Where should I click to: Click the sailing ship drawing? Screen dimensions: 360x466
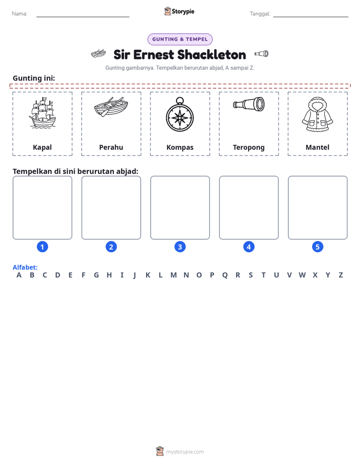42,113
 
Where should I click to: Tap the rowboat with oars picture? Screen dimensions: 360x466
111,107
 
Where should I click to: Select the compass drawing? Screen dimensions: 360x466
179,114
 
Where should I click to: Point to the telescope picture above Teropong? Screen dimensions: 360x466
249,104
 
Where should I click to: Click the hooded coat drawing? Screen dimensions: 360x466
318,114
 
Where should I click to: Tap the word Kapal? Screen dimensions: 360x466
42,147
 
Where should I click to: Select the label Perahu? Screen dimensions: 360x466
111,147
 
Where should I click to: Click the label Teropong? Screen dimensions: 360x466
249,147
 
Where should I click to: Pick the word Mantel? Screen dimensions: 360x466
318,147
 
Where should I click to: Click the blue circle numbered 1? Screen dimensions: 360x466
42,247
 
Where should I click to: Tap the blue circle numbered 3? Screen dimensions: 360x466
179,247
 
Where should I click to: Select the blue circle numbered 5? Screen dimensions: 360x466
318,247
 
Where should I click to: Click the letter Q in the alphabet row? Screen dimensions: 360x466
225,275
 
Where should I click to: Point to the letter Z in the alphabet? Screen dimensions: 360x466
341,275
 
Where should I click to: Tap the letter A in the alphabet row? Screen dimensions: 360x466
19,275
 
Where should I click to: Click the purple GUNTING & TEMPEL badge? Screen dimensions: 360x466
180,39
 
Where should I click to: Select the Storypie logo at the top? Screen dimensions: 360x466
179,11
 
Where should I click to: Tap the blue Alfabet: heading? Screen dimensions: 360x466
25,267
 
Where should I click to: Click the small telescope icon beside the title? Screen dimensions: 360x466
261,54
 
